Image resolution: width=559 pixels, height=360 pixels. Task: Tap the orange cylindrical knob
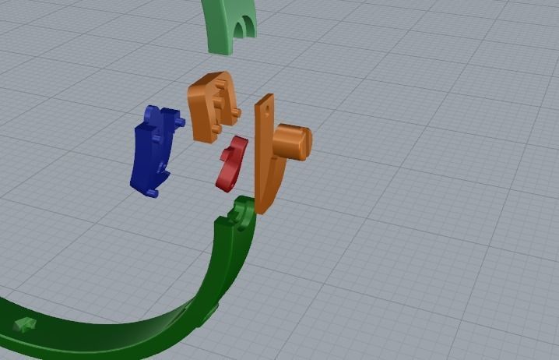click(x=293, y=142)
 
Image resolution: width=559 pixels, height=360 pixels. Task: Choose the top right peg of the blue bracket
click(x=180, y=122)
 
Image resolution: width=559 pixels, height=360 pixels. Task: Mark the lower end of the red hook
click(x=224, y=185)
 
